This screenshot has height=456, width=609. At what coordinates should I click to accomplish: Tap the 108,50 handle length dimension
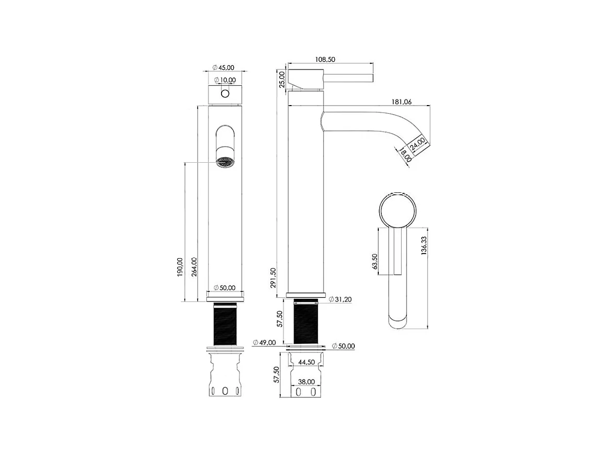(325, 60)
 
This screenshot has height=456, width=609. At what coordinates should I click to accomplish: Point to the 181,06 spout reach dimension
(401, 102)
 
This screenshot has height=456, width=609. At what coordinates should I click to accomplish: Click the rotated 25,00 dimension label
(282, 79)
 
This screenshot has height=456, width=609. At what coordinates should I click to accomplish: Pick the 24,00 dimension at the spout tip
(417, 141)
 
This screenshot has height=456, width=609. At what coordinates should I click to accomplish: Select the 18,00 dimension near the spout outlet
(406, 155)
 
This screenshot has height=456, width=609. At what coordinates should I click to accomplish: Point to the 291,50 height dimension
(273, 277)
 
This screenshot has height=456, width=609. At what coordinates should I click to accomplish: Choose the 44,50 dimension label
(306, 362)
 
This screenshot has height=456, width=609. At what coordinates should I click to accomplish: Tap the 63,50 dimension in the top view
(375, 261)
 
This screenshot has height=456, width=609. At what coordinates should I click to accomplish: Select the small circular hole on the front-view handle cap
(225, 94)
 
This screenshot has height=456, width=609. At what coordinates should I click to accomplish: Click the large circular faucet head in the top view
(399, 209)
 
